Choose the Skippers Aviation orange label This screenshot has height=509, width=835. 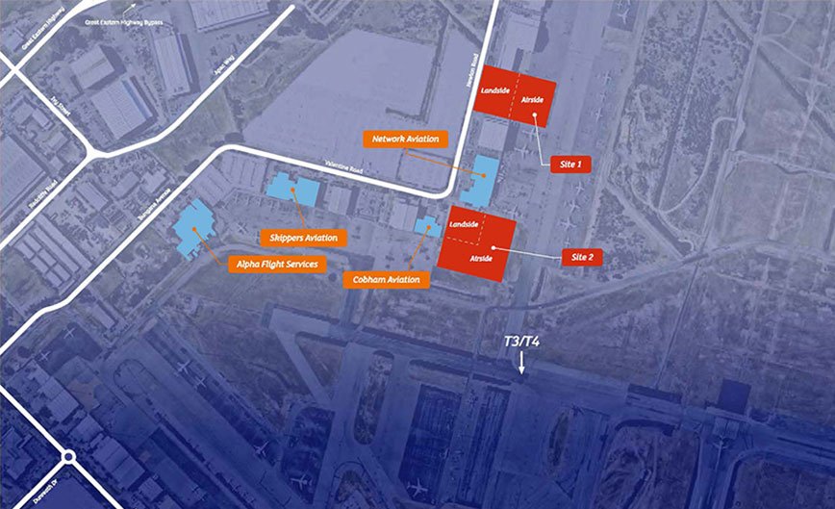(x=304, y=238)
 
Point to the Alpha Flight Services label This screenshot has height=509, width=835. (x=276, y=264)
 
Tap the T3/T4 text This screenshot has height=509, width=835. (x=521, y=344)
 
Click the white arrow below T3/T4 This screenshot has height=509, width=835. (x=521, y=364)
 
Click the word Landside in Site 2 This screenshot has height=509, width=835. (x=465, y=224)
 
